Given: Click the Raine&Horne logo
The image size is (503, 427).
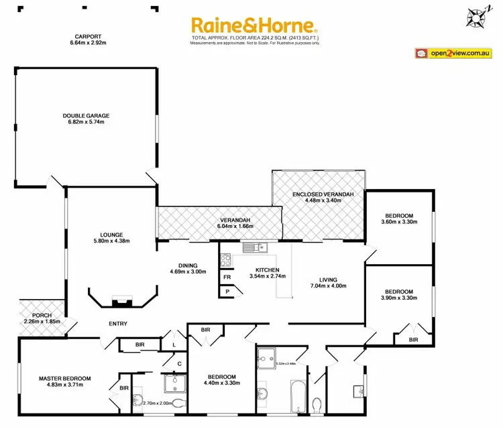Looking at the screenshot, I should (x=254, y=25).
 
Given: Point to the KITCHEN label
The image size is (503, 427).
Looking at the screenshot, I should (x=266, y=269).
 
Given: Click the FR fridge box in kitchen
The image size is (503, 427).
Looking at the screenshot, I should (x=227, y=276).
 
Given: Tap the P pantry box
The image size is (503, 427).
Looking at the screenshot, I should (x=227, y=292).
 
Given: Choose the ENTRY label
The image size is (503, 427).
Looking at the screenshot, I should (x=118, y=324).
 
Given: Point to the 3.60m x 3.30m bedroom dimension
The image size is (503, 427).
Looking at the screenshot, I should (x=398, y=221).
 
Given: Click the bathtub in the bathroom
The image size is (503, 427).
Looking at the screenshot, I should (x=296, y=396).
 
